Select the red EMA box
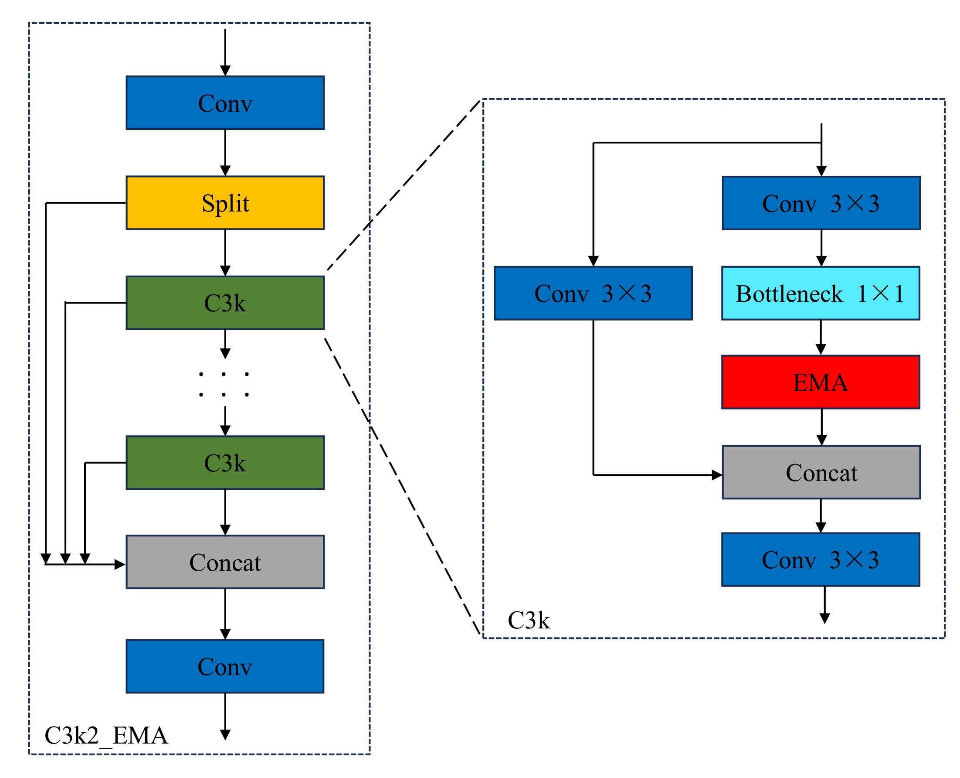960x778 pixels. pos(820,382)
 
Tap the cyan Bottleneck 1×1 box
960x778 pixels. pos(820,293)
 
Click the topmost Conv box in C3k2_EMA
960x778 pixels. pos(225,102)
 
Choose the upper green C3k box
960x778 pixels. pos(225,303)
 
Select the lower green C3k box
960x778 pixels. pos(225,463)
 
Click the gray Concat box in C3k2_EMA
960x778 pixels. pos(225,562)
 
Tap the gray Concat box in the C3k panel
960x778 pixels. pos(821,472)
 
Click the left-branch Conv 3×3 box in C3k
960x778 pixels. pos(593,293)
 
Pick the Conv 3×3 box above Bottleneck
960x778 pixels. pos(821,203)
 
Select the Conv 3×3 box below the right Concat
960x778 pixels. pos(820,560)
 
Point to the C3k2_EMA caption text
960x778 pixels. pos(106,735)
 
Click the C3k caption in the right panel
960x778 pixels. pos(528,620)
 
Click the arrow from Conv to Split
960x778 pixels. pos(225,152)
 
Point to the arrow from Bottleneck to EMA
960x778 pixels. pos(821,337)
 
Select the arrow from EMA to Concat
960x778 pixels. pos(821,427)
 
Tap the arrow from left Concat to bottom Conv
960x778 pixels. pos(225,614)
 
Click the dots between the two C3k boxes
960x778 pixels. pos(224,384)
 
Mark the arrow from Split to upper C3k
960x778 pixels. pos(225,253)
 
